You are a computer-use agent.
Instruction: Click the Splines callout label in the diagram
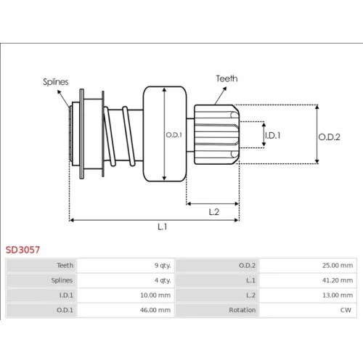click(x=56, y=82)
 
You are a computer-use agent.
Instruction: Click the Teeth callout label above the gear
click(x=227, y=78)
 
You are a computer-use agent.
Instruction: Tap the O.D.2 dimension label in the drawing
click(x=330, y=137)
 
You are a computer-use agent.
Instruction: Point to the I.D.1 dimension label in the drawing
click(x=273, y=136)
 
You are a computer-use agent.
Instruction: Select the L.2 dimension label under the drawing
click(x=214, y=212)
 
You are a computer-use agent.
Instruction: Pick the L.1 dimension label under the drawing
click(x=162, y=227)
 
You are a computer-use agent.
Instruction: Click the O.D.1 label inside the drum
click(x=174, y=135)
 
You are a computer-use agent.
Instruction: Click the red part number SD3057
click(x=23, y=250)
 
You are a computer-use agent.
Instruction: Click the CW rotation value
click(x=346, y=310)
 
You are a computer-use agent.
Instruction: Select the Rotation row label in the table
click(x=242, y=310)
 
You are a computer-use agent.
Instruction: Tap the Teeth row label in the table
click(x=65, y=266)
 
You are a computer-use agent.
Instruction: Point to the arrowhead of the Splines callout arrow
click(x=59, y=91)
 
